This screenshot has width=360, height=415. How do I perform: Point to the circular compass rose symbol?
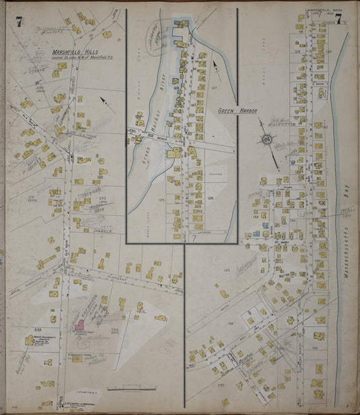[267, 140]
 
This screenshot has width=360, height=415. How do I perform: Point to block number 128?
[210, 197]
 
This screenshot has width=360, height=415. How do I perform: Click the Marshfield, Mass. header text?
[325, 11]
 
